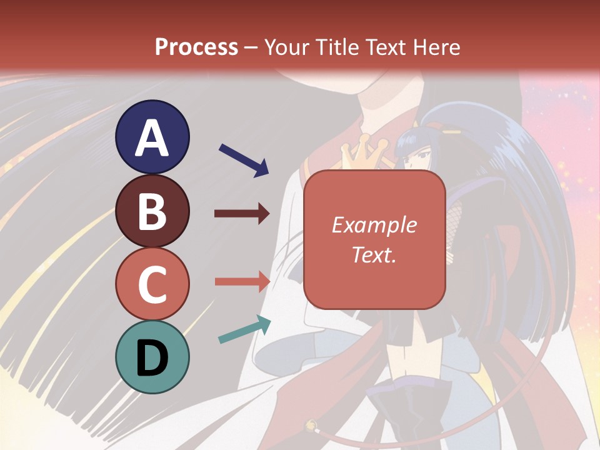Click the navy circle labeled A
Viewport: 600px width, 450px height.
click(152, 137)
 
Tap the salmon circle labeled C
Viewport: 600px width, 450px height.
click(152, 284)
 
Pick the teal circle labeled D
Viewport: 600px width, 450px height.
click(152, 357)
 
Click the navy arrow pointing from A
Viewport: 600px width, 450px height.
click(244, 159)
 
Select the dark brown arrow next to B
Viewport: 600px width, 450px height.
click(242, 214)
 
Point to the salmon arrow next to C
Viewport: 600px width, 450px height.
click(242, 281)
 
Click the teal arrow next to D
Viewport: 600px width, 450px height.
click(244, 329)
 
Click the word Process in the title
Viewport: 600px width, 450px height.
click(196, 47)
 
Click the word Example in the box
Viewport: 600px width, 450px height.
click(374, 225)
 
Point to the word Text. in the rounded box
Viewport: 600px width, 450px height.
click(374, 254)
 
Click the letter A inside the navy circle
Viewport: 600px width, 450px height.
click(152, 138)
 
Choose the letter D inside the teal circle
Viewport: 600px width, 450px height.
click(152, 358)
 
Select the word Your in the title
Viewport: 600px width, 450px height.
click(285, 47)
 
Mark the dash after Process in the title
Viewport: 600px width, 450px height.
click(251, 48)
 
